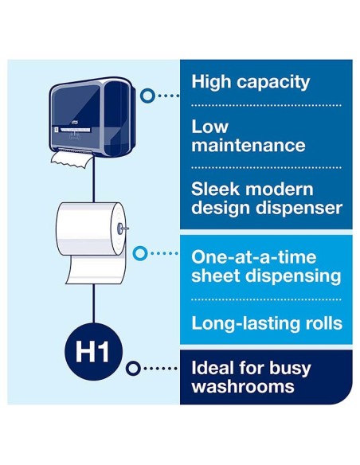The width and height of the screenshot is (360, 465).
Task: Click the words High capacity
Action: coord(251,82)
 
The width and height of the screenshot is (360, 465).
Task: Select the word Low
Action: coord(209,127)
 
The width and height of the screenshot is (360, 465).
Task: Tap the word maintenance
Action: coord(248,145)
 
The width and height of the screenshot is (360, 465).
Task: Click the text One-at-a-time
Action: coord(253,257)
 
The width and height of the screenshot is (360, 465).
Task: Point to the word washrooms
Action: coord(243,387)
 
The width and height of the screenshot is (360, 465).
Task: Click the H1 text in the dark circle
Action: coord(92,352)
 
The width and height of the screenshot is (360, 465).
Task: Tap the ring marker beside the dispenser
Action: coord(147,96)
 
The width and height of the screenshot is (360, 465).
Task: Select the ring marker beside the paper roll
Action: coord(140,253)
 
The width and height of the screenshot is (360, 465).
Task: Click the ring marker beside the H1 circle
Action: coord(132,369)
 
